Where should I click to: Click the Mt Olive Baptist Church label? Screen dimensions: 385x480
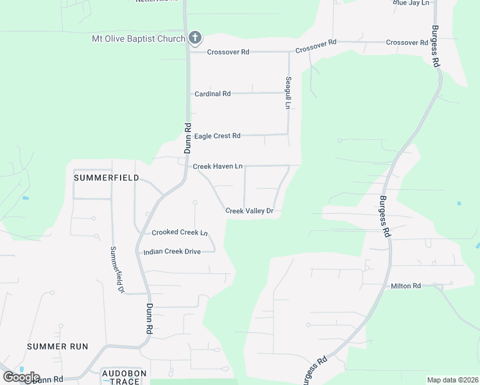[x=139, y=38]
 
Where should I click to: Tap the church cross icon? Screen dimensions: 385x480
[x=196, y=38]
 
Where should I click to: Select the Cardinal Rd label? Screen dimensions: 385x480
[x=212, y=94]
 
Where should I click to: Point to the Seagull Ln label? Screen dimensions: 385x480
[x=288, y=92]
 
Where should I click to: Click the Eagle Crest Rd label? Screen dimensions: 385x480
[x=217, y=136]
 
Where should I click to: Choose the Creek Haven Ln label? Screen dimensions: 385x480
[x=217, y=166]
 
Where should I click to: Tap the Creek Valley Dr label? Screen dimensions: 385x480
[x=250, y=210]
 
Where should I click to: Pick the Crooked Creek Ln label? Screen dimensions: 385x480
[x=180, y=232]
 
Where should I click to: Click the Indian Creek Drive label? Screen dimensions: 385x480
[x=172, y=252]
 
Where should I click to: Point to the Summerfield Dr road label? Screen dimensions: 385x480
[x=116, y=269]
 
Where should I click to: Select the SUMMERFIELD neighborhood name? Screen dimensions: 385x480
[x=106, y=177]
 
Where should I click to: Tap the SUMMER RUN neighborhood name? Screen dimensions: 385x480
[x=57, y=346]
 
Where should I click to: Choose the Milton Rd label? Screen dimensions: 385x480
[x=406, y=286]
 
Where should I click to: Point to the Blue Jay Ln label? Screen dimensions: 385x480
[x=410, y=3]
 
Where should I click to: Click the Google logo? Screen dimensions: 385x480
[x=21, y=377]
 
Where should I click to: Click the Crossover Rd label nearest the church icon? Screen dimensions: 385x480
[x=228, y=52]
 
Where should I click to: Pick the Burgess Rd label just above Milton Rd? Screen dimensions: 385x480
[x=384, y=217]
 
